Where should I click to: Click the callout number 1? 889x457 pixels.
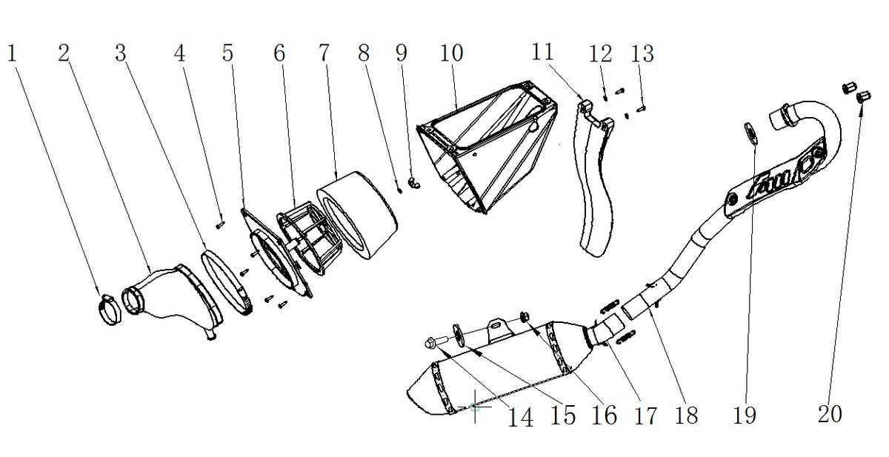point(12,53)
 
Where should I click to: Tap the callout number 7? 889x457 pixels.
point(324,53)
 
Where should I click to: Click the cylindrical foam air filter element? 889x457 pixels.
point(357,215)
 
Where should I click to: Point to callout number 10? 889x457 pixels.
point(452,53)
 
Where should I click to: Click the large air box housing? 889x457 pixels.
point(487,146)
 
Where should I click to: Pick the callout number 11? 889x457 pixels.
point(542,52)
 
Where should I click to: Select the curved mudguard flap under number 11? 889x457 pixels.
point(594,179)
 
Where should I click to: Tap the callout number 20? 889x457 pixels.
point(830,414)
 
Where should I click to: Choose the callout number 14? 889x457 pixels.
point(521,417)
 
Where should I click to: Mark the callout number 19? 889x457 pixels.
point(745,415)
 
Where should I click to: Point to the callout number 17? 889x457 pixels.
point(646,416)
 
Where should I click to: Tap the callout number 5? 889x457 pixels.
point(227,53)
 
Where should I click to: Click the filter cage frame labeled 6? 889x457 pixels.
point(310,237)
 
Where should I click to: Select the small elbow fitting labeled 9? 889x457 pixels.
point(414,183)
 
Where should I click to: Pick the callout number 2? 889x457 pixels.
point(64,53)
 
